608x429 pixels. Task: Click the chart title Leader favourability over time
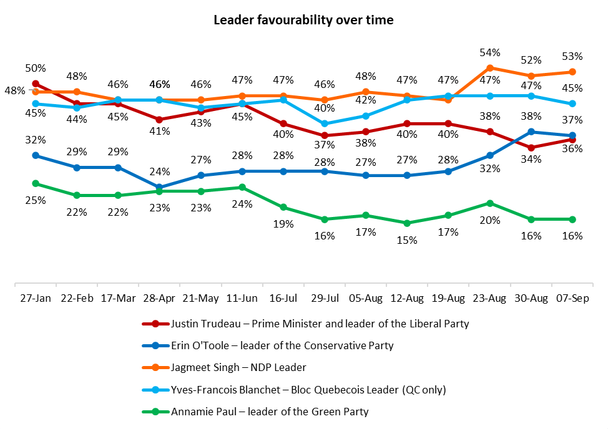coord(303,20)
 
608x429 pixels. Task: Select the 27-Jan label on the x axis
coord(36,299)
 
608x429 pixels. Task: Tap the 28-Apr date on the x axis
coord(159,299)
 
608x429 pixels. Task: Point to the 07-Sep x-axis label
coord(572,299)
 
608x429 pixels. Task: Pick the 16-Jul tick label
coord(283,299)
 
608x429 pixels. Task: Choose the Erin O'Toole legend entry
coord(282,345)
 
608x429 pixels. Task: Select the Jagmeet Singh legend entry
coord(238,368)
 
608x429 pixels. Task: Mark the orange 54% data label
coord(489,52)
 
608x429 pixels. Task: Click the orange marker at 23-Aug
coord(489,68)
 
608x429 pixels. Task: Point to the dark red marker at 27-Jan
coord(36,84)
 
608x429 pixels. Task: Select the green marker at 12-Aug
coord(407,223)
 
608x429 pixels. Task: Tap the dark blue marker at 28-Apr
coord(159,187)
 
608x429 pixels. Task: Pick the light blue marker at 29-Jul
coord(325,123)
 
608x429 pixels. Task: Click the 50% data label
coord(36,68)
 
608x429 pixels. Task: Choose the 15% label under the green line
coord(407,240)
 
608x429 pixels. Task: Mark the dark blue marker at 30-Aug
coord(531,132)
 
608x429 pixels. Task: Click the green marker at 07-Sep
coord(572,219)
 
